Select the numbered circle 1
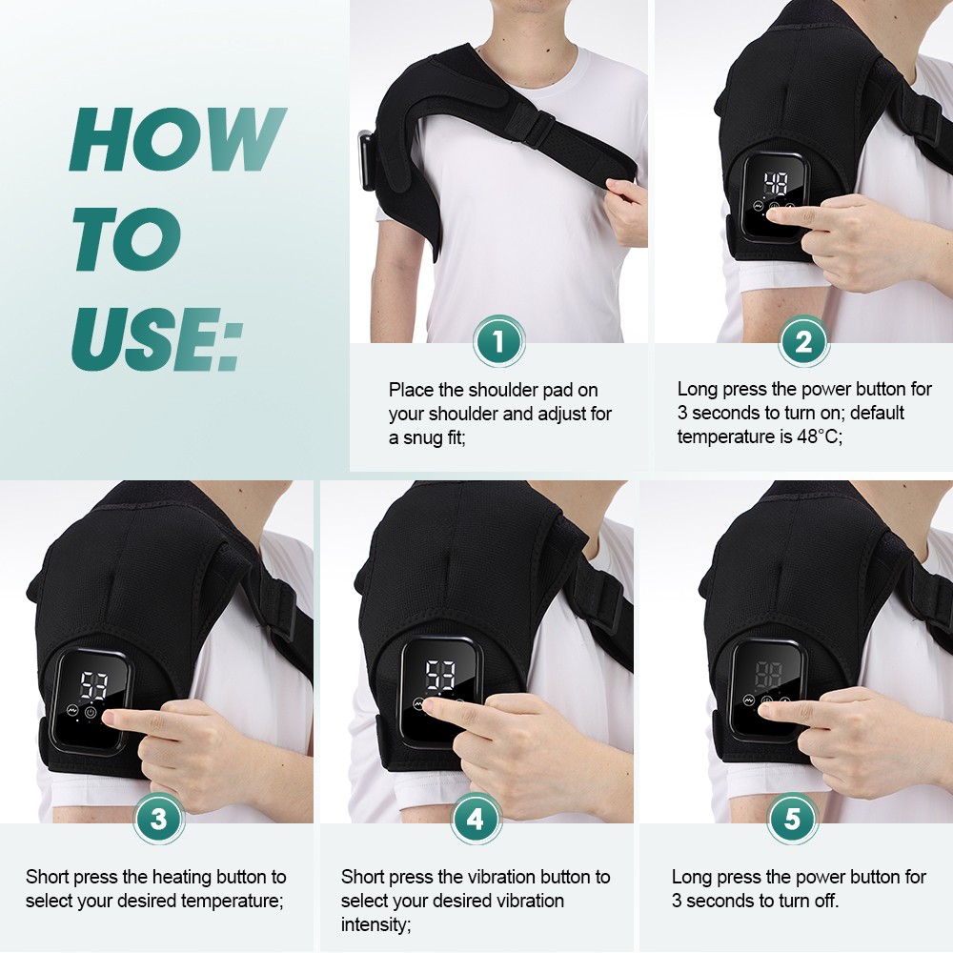498,341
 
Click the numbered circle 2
803,341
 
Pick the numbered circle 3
158,819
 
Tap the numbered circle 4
476,819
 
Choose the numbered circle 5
793,819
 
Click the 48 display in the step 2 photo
774,184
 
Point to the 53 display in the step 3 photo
93,684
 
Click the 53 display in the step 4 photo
439,675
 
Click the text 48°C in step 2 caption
817,436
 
